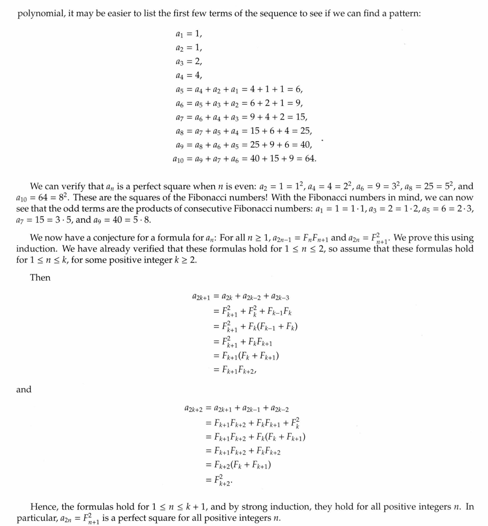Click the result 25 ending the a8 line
point(305,130)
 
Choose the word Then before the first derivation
point(40,277)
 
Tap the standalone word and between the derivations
point(24,390)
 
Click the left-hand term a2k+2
point(194,409)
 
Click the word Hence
point(44,507)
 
